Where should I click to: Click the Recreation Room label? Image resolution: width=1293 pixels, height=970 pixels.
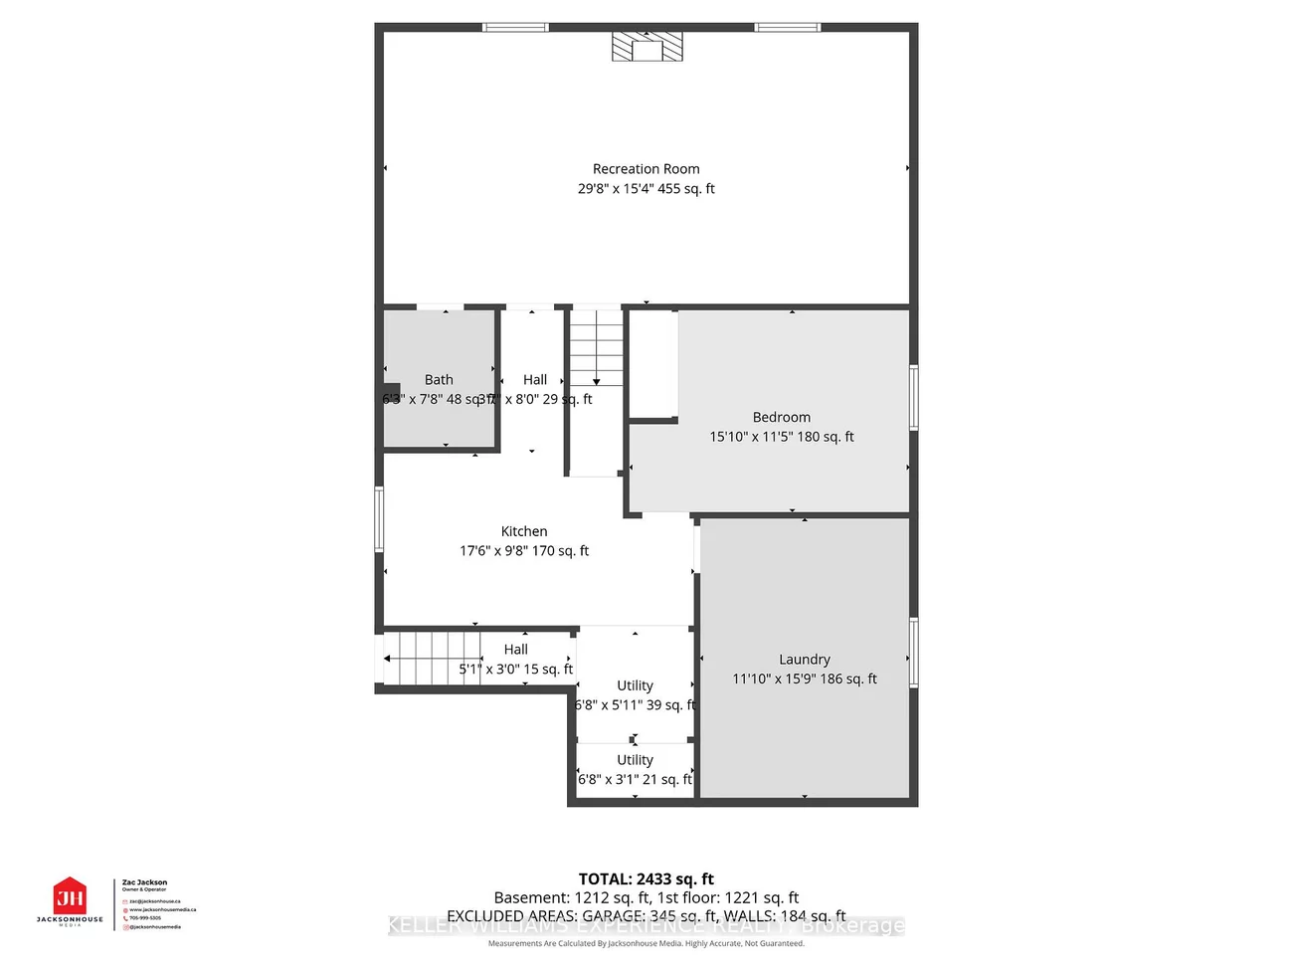646,169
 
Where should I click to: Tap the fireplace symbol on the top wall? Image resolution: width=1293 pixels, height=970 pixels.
646,47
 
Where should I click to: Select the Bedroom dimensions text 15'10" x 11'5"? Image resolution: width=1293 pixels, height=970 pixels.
781,437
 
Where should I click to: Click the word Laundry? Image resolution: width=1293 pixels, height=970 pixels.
804,660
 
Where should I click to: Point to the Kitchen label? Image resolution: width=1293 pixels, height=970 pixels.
524,531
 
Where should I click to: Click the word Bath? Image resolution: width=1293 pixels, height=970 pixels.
439,380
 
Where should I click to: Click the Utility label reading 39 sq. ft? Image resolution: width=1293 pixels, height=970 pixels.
635,695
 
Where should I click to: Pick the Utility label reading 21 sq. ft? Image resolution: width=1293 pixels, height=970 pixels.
635,770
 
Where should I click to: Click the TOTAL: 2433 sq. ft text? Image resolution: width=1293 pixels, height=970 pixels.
646,878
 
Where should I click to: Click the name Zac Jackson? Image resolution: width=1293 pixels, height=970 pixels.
144,882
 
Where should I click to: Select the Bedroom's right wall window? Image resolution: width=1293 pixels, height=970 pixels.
913,398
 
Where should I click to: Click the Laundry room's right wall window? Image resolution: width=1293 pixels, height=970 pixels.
913,653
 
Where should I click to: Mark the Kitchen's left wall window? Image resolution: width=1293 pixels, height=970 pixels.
379,518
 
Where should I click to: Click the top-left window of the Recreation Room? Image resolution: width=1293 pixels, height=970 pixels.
515,27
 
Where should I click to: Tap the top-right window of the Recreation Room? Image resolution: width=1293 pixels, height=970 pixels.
787,27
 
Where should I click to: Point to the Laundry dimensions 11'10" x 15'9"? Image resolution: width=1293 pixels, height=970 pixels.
804,679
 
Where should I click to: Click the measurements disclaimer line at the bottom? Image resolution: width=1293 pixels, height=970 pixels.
646,943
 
